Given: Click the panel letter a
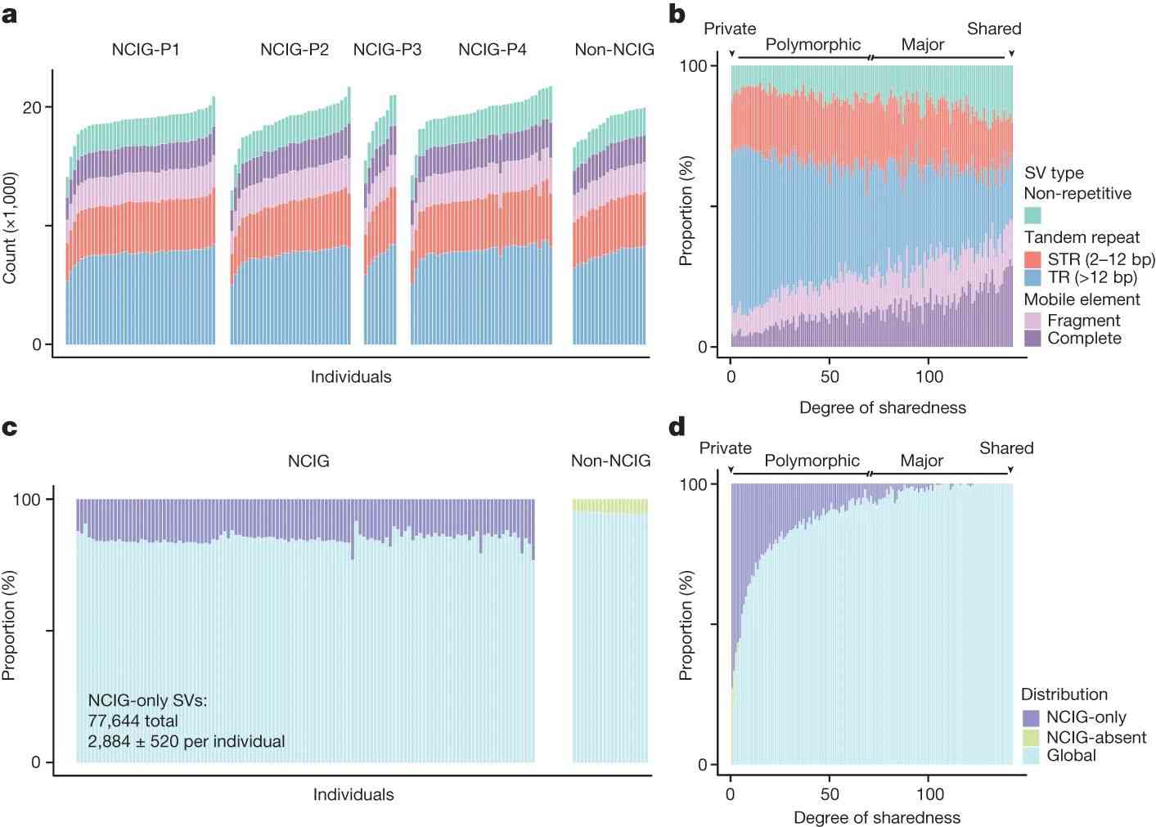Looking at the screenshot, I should coord(10,15).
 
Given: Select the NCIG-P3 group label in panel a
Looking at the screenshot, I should coord(387,50).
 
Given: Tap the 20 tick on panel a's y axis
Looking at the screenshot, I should coord(32,107).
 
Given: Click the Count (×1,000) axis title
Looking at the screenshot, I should coord(10,228).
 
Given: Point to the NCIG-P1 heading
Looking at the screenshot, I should coord(146,50).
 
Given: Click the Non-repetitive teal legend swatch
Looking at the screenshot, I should coord(1032,215).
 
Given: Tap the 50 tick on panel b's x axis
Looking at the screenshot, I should coord(830,376).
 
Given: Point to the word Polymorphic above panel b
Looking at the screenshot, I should coord(812,44).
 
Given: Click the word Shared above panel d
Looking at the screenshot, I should coord(1006,448).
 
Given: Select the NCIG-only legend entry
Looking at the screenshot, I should coord(1086,717).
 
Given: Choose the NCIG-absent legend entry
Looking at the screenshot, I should coord(1095,737).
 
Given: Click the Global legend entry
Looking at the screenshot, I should coord(1071,756).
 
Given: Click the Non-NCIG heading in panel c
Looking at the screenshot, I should coord(610,461).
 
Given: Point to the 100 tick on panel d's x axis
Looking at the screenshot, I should coord(929,794).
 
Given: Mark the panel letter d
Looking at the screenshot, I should coord(677,427).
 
